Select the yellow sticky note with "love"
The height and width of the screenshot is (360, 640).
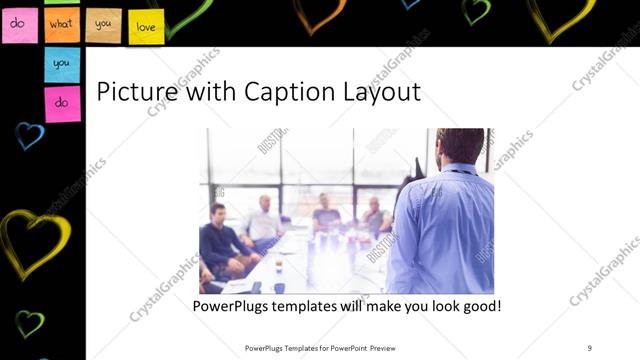click(146, 27)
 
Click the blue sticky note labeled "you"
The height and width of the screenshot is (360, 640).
click(62, 64)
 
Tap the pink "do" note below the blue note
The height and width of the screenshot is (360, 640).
click(62, 103)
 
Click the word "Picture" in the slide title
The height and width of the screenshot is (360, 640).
click(132, 92)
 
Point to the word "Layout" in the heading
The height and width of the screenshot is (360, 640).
click(379, 92)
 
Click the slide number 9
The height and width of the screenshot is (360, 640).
click(589, 348)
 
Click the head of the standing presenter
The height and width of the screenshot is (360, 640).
click(459, 146)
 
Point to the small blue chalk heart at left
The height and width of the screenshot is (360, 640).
click(29, 135)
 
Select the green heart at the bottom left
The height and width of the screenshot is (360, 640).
click(29, 323)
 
